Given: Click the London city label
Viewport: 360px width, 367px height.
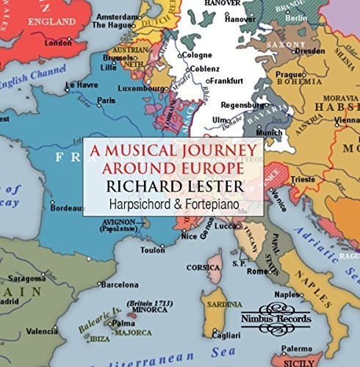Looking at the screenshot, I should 58,43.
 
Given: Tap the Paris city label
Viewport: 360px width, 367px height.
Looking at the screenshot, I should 107,100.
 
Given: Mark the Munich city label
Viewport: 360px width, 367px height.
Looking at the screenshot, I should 269,132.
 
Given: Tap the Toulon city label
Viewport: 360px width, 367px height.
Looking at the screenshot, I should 152,250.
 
